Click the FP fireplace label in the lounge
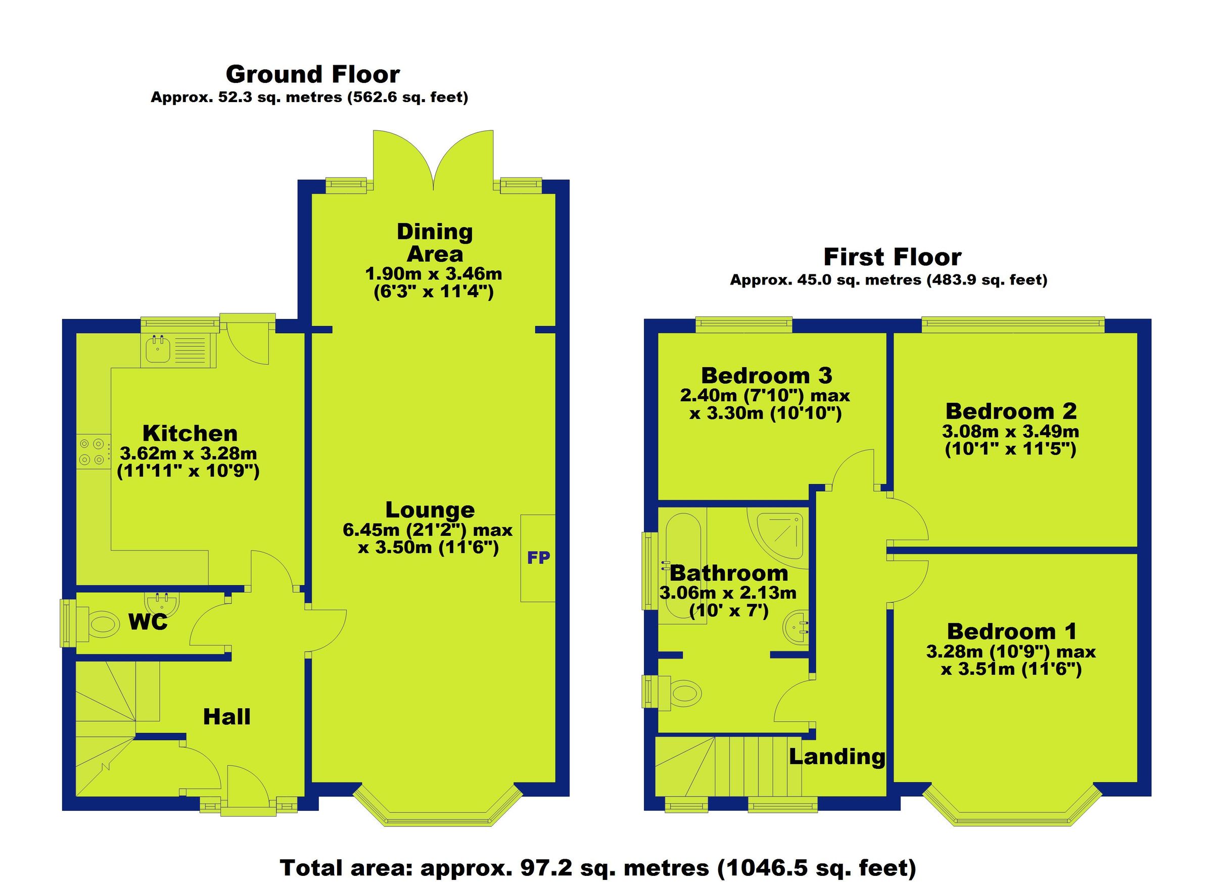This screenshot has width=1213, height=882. [538, 558]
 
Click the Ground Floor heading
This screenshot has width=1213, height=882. [312, 74]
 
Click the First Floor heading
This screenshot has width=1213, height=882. [892, 257]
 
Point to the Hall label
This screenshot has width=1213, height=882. [227, 717]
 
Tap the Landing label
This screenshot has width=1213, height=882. [837, 756]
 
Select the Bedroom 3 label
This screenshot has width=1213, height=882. [766, 376]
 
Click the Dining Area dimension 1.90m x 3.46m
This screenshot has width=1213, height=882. [433, 274]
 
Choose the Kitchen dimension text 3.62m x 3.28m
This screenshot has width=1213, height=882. [188, 453]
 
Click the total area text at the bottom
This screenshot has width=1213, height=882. [598, 867]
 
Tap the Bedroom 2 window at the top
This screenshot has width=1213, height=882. [1012, 324]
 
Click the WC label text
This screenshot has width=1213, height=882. [148, 622]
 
